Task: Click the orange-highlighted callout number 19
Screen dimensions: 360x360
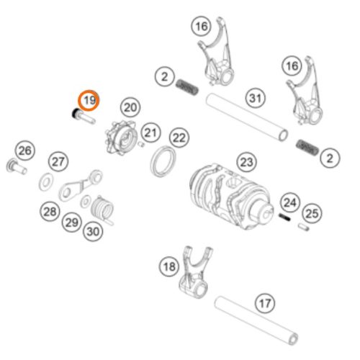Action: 89,100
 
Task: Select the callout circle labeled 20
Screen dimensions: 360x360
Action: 130,107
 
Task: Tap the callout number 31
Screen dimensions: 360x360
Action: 256,98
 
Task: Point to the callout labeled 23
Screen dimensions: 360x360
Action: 246,162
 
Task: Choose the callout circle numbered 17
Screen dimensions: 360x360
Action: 265,303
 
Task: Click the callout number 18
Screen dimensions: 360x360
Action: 169,266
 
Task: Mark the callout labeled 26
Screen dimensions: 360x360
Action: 25,150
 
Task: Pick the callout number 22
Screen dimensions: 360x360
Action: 179,138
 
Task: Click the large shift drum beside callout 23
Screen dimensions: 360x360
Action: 232,197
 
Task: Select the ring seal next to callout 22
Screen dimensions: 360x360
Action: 163,161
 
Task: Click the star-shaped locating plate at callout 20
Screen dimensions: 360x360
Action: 121,138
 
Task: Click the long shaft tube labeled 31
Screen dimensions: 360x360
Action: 247,117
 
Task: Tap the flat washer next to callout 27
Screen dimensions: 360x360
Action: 46,181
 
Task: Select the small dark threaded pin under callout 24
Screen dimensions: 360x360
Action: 284,217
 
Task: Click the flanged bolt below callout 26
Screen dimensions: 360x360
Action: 17,166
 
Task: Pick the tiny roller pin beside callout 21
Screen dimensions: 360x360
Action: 141,144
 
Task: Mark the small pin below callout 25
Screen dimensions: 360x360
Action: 304,227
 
